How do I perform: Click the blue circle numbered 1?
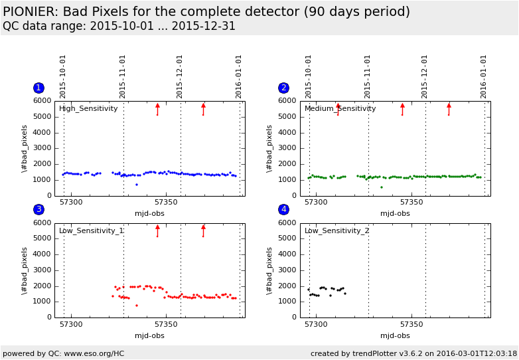(38, 88)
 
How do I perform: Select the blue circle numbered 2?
(283, 88)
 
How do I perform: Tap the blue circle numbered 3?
(38, 209)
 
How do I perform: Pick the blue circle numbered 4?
(283, 209)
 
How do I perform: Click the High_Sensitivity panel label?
(88, 109)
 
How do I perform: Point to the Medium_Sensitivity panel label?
(340, 109)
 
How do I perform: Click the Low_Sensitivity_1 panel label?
(92, 231)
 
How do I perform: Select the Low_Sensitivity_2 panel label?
(337, 231)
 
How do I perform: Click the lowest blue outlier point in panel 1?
(137, 185)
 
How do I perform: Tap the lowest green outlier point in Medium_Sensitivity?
(381, 187)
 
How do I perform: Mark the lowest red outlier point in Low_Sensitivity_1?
(137, 306)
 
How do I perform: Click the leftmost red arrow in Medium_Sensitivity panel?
(338, 108)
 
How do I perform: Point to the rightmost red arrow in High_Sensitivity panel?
(203, 108)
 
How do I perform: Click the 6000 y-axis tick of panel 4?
(287, 223)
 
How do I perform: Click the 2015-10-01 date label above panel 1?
(63, 76)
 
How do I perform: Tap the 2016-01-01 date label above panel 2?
(484, 76)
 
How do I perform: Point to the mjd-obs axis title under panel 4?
(395, 335)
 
